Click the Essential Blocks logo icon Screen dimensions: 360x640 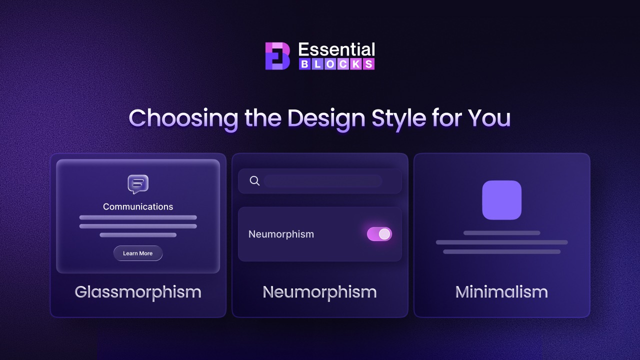pos(277,55)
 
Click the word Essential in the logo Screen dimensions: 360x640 pos(336,49)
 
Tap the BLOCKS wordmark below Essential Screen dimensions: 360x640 pos(336,64)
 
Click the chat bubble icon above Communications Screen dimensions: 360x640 pos(138,184)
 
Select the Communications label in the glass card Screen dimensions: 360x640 pos(138,206)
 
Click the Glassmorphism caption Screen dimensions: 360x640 pos(138,292)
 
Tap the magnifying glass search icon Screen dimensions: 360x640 pos(254,181)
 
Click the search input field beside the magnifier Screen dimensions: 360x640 pos(323,181)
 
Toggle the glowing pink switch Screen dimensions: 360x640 pos(379,234)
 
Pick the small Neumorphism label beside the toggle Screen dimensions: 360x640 pos(281,234)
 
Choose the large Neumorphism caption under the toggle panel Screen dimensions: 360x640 pos(319,292)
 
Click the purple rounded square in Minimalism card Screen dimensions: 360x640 pos(501,200)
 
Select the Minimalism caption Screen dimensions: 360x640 pos(501,292)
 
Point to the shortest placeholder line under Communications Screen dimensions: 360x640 pos(138,235)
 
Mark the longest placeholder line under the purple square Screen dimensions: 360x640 pos(501,242)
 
